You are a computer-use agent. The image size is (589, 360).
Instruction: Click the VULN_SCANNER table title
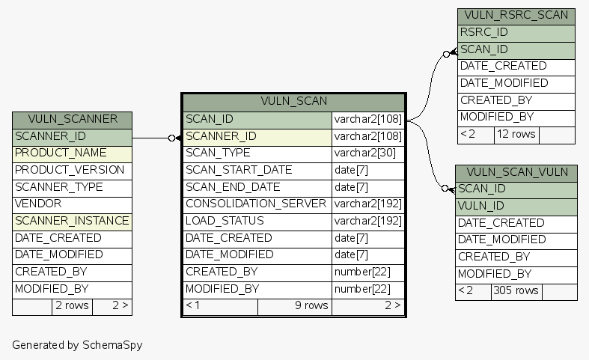click(x=72, y=119)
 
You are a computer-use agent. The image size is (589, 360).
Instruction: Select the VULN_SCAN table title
click(x=293, y=101)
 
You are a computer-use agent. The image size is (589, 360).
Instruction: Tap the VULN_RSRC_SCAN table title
click(x=516, y=16)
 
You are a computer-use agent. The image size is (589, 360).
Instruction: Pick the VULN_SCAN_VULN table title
click(x=516, y=172)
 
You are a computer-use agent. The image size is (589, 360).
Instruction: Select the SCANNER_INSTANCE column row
click(x=72, y=221)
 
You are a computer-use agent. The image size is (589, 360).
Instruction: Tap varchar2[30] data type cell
click(x=365, y=153)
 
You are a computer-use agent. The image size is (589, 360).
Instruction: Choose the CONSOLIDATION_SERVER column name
click(x=256, y=204)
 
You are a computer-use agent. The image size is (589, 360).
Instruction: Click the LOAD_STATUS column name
click(x=225, y=221)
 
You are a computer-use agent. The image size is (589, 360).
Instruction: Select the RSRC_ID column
click(x=484, y=32)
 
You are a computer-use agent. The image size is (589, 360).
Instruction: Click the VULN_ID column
click(x=481, y=206)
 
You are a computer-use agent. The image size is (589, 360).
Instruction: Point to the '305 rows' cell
click(x=516, y=291)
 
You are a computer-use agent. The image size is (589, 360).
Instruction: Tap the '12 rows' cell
click(x=516, y=134)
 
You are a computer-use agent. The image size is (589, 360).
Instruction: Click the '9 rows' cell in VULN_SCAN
click(x=295, y=305)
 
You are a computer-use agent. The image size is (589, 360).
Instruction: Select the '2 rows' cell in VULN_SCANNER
click(x=72, y=305)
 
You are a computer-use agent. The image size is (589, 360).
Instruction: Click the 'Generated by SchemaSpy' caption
click(x=77, y=345)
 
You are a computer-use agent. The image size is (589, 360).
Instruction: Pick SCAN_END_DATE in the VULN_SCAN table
click(x=233, y=187)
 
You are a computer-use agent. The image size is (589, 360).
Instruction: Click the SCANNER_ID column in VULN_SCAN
click(x=222, y=136)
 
